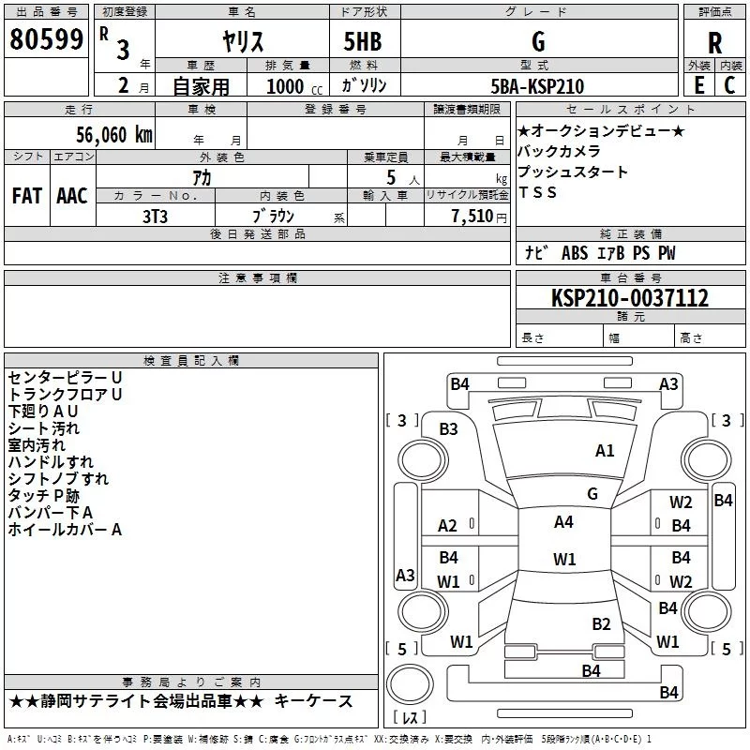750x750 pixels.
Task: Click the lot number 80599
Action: pyautogui.click(x=46, y=38)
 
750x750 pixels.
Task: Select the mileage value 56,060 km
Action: pyautogui.click(x=114, y=134)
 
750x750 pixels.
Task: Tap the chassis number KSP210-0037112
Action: pyautogui.click(x=630, y=297)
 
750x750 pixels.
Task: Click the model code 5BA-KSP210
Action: pyautogui.click(x=537, y=86)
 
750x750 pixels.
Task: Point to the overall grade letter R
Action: pyautogui.click(x=714, y=43)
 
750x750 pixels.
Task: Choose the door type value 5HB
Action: pyautogui.click(x=363, y=41)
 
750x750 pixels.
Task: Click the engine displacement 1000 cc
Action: pyautogui.click(x=294, y=86)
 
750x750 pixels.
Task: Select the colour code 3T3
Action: pyautogui.click(x=155, y=217)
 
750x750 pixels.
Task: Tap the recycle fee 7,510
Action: pyautogui.click(x=472, y=217)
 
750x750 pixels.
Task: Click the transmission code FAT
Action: pyautogui.click(x=27, y=196)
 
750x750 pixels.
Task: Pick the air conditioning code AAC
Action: pyautogui.click(x=72, y=196)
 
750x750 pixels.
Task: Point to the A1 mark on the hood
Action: pyautogui.click(x=605, y=450)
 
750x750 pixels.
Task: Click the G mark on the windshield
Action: pyautogui.click(x=592, y=493)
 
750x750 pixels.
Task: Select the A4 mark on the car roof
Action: pyautogui.click(x=563, y=521)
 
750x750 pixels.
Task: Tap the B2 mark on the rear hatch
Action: pyautogui.click(x=601, y=623)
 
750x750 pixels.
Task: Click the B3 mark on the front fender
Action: pyautogui.click(x=449, y=429)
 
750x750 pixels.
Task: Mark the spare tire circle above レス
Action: pyautogui.click(x=410, y=684)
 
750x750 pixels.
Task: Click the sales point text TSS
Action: pyautogui.click(x=537, y=192)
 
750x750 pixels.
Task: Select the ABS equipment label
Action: pyautogui.click(x=575, y=253)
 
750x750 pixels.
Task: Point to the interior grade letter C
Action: pyautogui.click(x=729, y=85)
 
